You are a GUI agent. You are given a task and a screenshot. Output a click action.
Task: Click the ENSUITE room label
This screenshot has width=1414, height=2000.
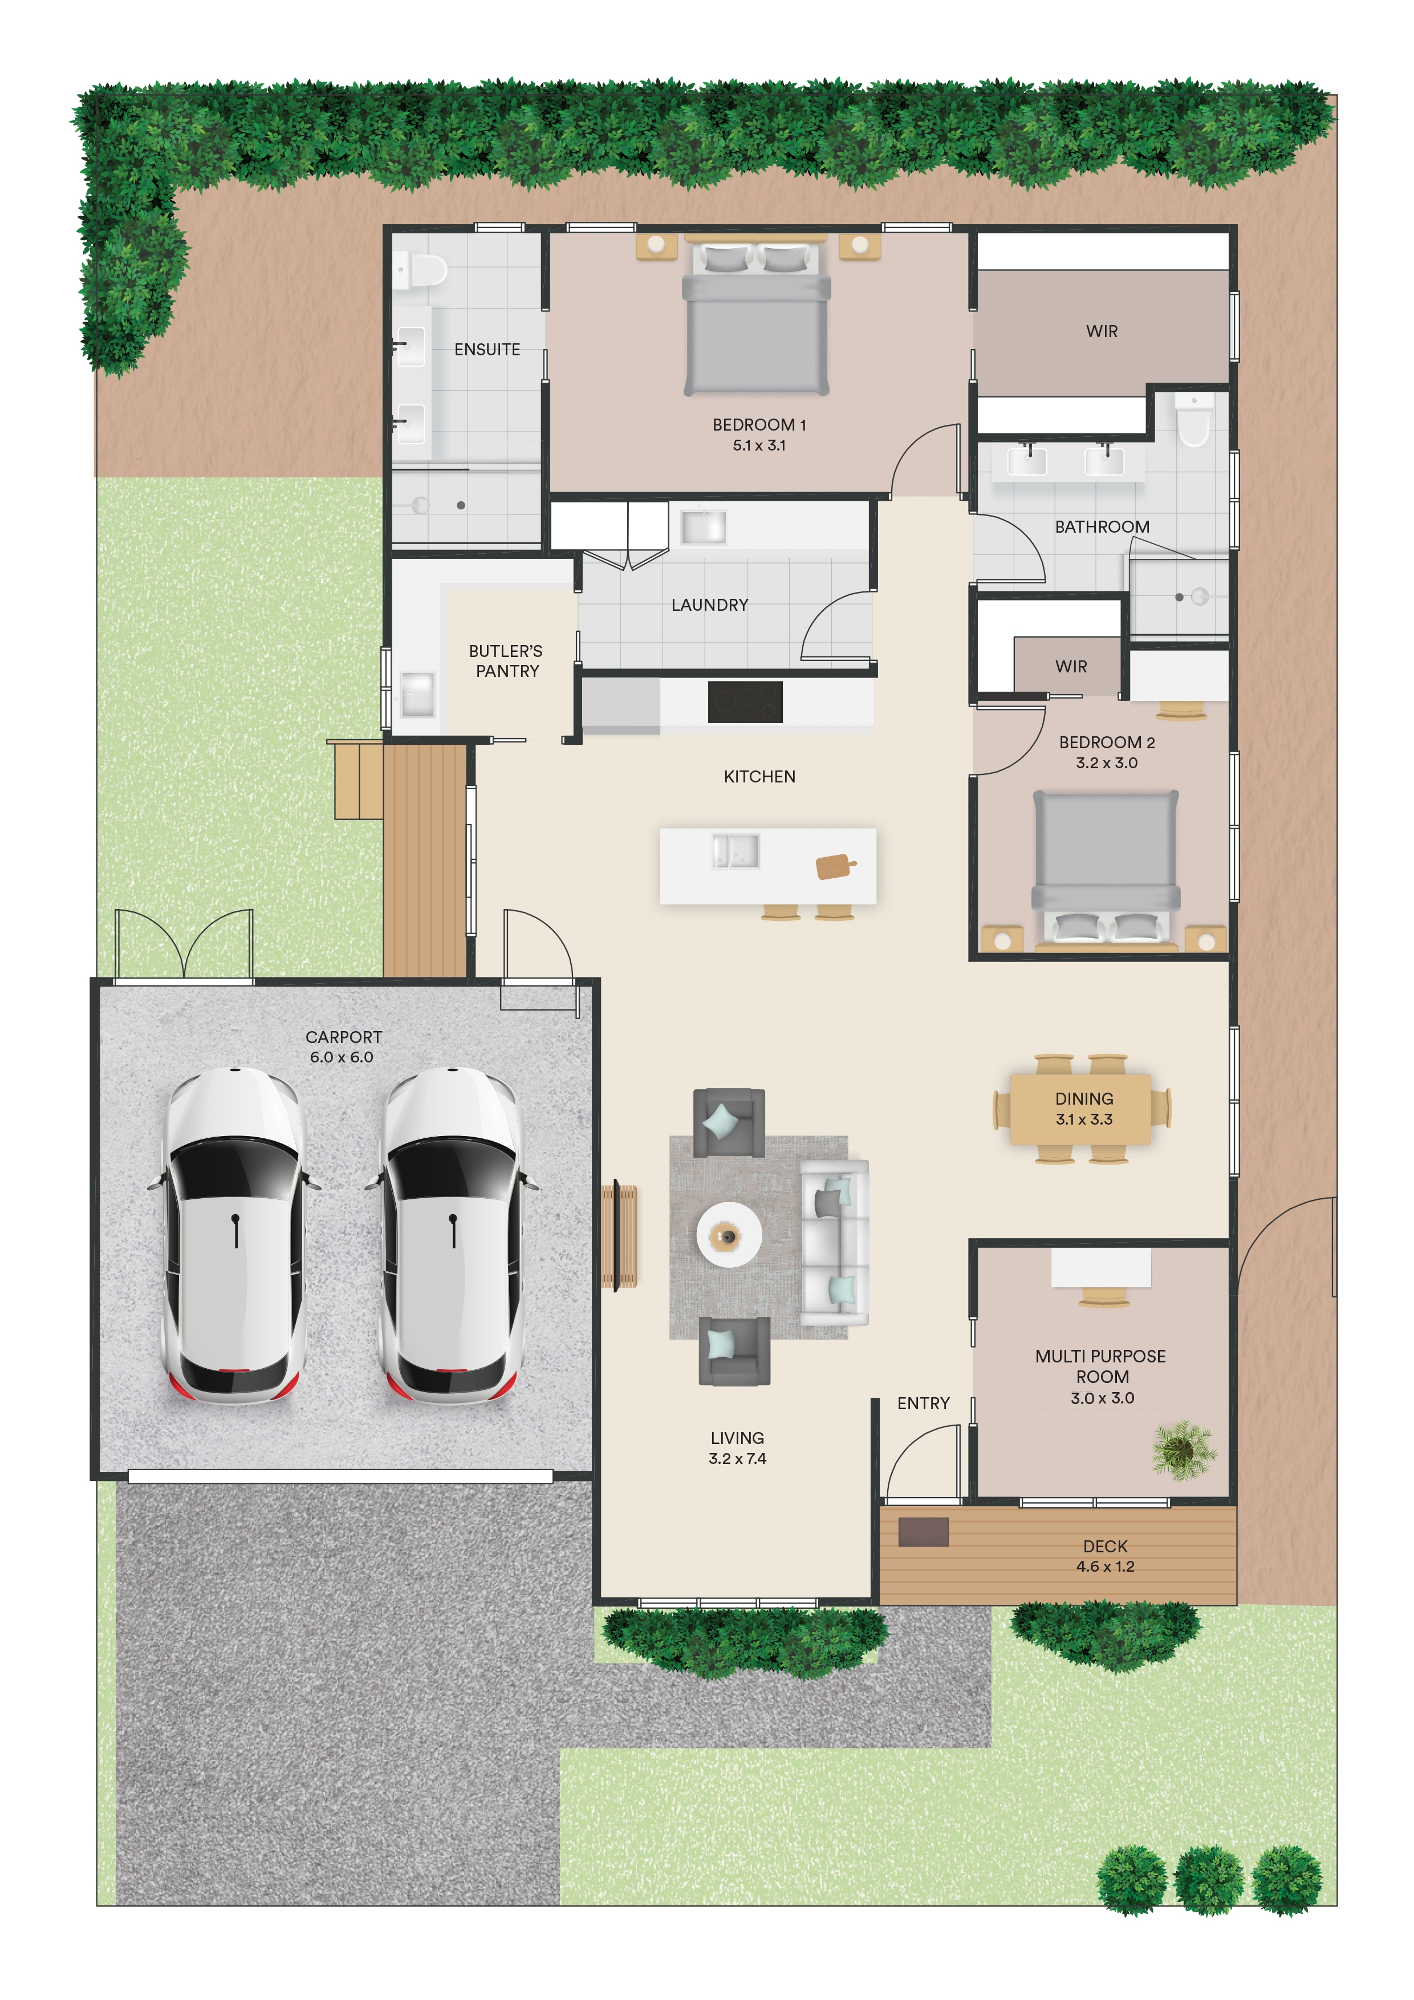coord(487,350)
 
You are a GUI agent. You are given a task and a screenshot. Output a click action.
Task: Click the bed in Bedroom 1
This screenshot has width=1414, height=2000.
coord(756,318)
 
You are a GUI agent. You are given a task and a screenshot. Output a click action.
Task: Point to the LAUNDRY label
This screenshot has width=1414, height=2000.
coord(710,605)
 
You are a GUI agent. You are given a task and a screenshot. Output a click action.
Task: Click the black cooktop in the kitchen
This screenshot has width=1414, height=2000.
coord(745,702)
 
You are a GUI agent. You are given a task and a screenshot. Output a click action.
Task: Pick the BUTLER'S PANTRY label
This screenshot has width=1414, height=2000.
coord(506,661)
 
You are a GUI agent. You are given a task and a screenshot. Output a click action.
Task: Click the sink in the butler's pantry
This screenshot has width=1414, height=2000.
coord(417,694)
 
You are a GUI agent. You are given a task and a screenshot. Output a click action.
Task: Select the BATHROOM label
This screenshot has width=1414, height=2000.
coord(1102,527)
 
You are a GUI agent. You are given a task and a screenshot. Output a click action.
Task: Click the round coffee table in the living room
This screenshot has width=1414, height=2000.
coord(729,1234)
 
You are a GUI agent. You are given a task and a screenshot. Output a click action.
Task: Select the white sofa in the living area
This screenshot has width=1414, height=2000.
coord(834,1243)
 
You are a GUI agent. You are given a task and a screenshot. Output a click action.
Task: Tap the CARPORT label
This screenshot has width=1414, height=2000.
coord(343,1037)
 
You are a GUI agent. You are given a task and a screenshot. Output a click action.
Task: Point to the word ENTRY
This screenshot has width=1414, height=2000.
coord(923,1403)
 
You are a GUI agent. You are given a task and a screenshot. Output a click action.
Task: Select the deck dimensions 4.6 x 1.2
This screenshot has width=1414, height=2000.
coord(1105,1566)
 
